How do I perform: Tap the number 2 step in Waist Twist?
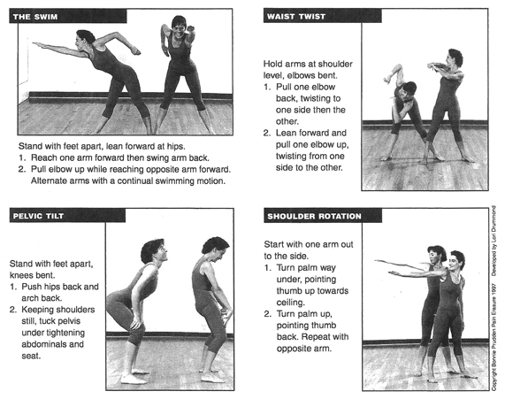267,133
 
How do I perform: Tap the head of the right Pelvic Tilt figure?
213,251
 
